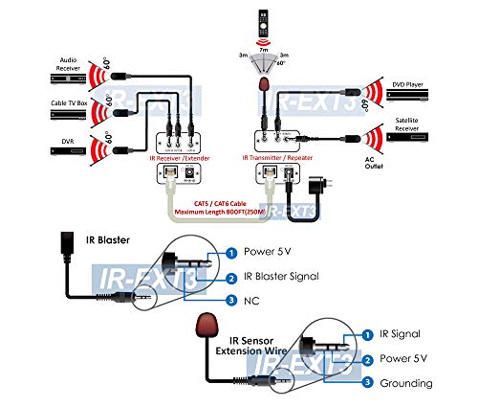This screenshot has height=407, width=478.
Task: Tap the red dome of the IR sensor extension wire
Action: pyautogui.click(x=204, y=326)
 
